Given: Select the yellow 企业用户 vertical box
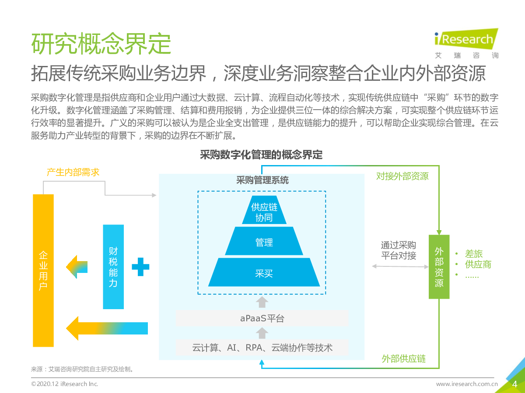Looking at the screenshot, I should click(x=43, y=270).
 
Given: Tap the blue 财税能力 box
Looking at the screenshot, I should click(x=113, y=267).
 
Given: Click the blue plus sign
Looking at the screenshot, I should click(x=140, y=266).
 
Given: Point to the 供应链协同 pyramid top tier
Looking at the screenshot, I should click(x=264, y=212).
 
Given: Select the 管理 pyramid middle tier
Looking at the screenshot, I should click(x=264, y=241).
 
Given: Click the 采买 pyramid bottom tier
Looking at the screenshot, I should click(x=264, y=273).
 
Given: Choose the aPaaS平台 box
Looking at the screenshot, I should click(x=262, y=318).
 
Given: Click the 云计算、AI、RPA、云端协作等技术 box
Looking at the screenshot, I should click(x=262, y=348).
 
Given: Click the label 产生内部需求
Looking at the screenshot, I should click(x=73, y=172).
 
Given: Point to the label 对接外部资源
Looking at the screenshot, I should click(x=402, y=176).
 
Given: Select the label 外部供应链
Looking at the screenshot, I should click(x=404, y=359).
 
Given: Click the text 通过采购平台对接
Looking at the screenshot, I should click(x=399, y=250).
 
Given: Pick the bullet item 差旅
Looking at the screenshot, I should click(x=473, y=254).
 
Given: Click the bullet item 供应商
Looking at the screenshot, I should click(x=478, y=264).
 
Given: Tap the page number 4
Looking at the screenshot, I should click(x=514, y=384).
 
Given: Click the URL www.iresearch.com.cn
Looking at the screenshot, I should click(x=467, y=384).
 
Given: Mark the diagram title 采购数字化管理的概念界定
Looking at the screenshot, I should click(x=261, y=155).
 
